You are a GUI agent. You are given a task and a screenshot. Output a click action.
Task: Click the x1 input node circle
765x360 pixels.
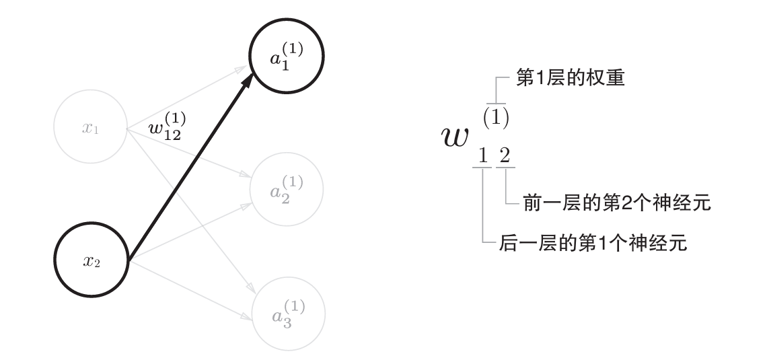(x=90, y=128)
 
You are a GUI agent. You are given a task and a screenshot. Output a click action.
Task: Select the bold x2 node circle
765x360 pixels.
(x=90, y=261)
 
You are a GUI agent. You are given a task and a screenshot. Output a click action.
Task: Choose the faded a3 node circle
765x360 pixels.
(x=287, y=314)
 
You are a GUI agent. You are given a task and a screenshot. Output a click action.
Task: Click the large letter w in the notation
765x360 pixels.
(x=456, y=136)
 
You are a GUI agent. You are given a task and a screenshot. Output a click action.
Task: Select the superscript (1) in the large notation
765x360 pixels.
(x=495, y=116)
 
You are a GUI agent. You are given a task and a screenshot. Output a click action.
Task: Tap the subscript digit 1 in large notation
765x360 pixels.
(x=482, y=157)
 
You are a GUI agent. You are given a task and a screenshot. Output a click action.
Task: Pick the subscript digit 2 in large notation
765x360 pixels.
(x=504, y=157)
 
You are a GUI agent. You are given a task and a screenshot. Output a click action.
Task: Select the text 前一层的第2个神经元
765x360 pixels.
(x=616, y=203)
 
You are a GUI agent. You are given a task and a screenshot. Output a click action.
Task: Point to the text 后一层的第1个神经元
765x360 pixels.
(x=593, y=243)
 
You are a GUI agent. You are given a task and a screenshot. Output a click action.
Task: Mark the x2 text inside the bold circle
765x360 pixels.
(x=91, y=262)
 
